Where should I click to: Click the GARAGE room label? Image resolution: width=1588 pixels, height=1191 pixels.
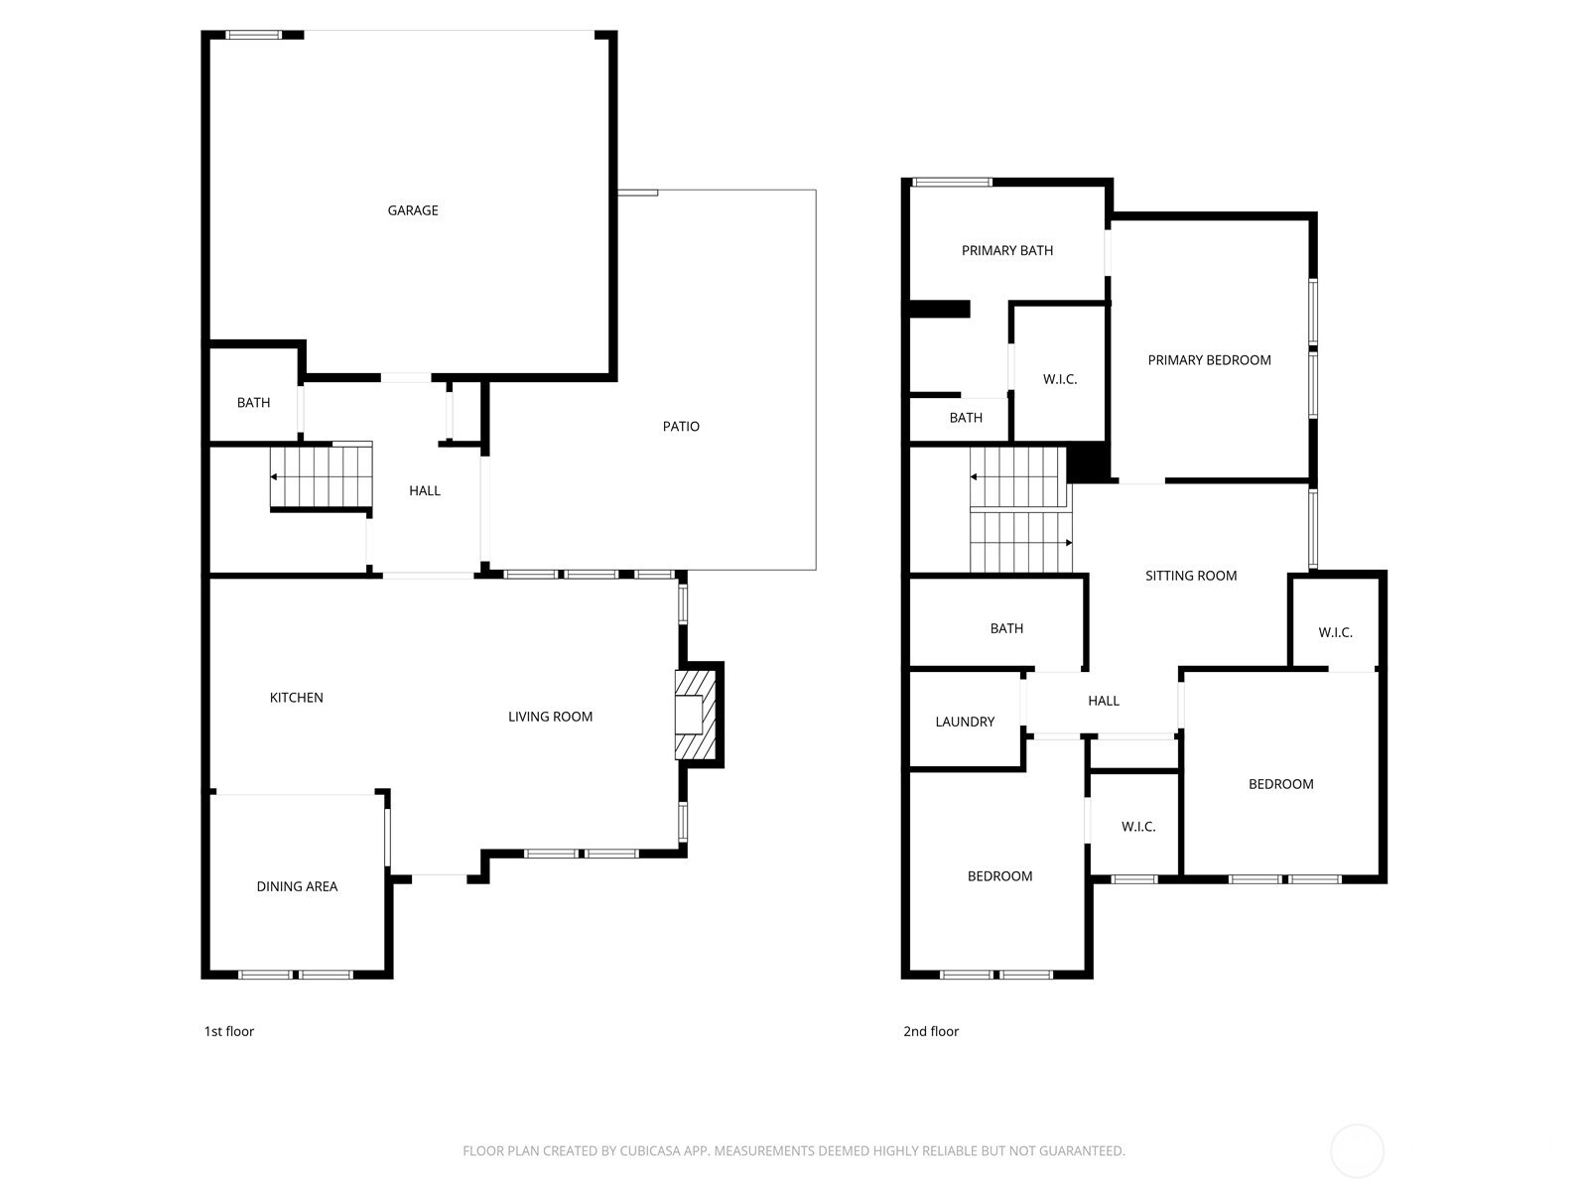[x=412, y=210]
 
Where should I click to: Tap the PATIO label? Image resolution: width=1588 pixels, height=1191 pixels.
[x=681, y=427]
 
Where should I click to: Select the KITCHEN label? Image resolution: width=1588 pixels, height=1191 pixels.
[x=296, y=698]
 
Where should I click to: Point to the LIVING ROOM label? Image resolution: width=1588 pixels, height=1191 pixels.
[x=550, y=717]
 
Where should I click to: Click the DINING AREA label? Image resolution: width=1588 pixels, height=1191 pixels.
[x=297, y=886]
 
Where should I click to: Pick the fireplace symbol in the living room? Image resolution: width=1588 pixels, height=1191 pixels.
[x=696, y=716]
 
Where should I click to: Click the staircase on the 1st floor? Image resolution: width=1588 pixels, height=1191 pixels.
[x=322, y=476]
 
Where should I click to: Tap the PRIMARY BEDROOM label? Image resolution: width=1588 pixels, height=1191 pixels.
[x=1209, y=360]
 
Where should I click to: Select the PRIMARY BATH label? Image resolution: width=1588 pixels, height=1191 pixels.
[x=1007, y=251]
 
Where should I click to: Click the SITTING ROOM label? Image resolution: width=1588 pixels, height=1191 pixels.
[x=1191, y=576]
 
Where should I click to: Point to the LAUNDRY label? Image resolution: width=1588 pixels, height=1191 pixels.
[x=965, y=722]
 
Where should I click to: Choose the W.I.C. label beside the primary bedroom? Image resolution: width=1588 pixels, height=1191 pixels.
[x=1060, y=380]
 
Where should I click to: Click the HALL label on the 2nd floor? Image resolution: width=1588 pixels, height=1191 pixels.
[x=1104, y=701]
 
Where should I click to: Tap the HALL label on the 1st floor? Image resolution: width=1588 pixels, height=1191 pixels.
[x=425, y=491]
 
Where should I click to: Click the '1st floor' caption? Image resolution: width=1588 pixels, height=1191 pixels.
[x=228, y=1031]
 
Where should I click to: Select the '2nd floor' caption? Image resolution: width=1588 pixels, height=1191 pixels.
[x=930, y=1031]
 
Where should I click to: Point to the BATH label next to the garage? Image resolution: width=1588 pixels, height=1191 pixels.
[x=253, y=403]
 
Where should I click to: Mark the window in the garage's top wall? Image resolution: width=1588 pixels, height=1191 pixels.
[x=253, y=35]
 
